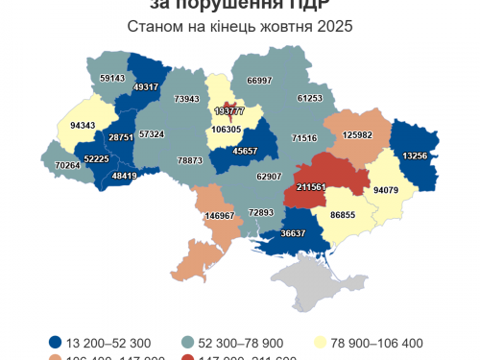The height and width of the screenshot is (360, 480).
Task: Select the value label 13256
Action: tap(417, 156)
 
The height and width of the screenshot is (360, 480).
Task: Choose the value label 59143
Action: tap(112, 78)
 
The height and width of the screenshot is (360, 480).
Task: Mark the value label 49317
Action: tap(146, 86)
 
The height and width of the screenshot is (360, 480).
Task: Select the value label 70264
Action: tap(67, 165)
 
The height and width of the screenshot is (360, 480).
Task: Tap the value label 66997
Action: tap(259, 82)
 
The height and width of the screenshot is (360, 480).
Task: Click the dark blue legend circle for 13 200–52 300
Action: tap(57, 343)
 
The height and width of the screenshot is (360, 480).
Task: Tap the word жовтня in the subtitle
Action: tap(287, 26)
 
